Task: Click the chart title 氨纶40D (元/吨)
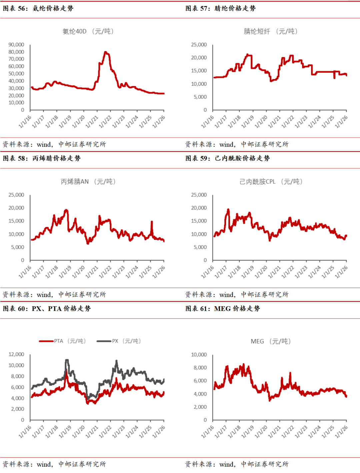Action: (88, 31)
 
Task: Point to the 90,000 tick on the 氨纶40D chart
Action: (16, 45)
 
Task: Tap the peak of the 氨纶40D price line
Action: (105, 52)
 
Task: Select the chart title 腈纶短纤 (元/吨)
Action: (270, 31)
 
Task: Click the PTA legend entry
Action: (63, 341)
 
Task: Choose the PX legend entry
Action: (119, 341)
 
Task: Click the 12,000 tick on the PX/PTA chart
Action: (16, 354)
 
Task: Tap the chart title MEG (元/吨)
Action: (270, 341)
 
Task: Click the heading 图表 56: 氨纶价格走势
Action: (38, 8)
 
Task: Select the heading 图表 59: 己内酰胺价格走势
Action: (227, 158)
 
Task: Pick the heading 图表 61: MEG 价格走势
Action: (223, 309)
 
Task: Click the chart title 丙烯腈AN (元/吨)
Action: (88, 182)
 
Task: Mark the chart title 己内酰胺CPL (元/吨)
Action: (271, 182)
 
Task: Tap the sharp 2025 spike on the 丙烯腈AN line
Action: (152, 222)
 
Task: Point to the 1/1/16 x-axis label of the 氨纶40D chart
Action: (25, 121)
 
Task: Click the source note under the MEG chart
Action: (237, 464)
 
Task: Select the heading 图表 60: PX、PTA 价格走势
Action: (47, 309)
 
